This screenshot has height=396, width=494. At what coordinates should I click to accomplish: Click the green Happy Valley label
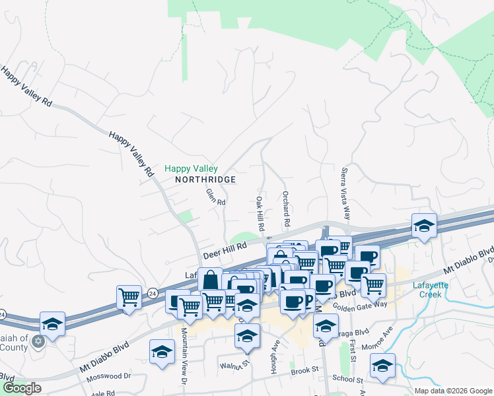[x=191, y=169]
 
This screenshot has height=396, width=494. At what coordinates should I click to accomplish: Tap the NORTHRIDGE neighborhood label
[x=205, y=180]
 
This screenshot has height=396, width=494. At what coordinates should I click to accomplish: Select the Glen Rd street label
[x=215, y=196]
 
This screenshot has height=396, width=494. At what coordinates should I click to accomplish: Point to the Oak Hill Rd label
[x=260, y=213]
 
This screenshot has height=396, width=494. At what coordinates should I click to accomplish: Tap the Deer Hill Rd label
[x=224, y=249]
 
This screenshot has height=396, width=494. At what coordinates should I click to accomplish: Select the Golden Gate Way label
[x=360, y=304]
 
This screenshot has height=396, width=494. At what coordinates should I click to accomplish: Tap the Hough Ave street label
[x=273, y=356]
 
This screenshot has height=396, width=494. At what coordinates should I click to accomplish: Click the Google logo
[x=21, y=389]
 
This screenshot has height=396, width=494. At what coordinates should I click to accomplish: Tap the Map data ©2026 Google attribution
[x=452, y=391]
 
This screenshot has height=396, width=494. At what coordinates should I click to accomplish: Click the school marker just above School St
[x=382, y=367]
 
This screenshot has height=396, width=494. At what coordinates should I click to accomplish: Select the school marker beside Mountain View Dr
[x=161, y=352]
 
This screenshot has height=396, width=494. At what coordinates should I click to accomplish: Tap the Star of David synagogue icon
[x=38, y=341]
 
